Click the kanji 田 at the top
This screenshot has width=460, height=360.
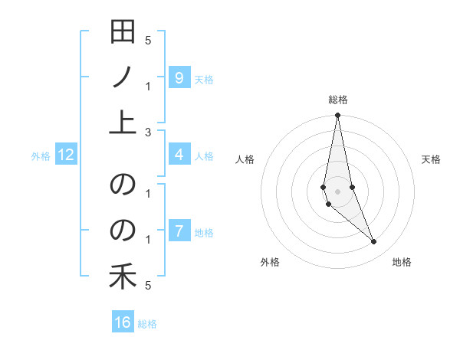pos(123,33)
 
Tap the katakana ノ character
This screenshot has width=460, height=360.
pos(123,77)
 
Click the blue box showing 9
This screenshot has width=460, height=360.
pos(179,77)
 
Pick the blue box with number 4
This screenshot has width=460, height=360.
pos(179,155)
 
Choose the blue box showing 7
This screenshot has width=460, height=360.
pos(179,231)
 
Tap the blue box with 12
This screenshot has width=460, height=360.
pos(66,155)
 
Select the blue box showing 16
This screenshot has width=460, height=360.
pos(123,322)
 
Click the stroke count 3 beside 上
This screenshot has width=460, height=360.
pos(148,132)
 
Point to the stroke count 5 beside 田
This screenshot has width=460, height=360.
pos(148,40)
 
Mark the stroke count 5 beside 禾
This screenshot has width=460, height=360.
pos(148,285)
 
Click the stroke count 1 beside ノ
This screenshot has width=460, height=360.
pos(148,86)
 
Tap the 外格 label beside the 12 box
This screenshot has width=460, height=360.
pos(41,156)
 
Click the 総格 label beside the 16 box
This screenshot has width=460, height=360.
pos(147,323)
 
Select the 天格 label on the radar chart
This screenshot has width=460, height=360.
pos(431,159)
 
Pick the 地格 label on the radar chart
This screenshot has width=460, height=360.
pos(402,262)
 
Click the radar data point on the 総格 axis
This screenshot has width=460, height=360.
pos(337,116)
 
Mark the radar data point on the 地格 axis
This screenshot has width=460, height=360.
pos(374,242)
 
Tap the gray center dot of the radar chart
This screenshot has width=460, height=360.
pos(337,191)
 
